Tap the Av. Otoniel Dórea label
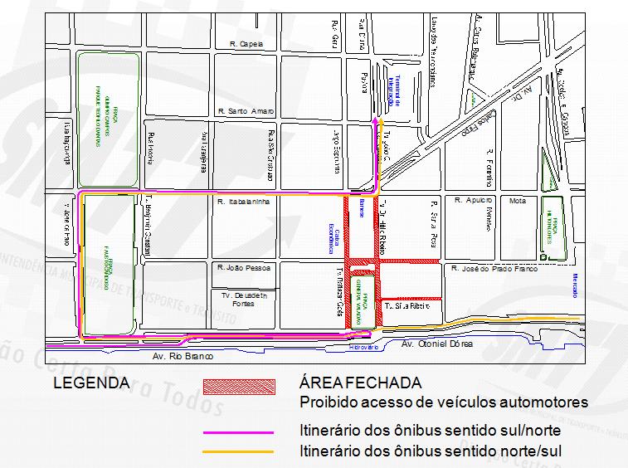click(x=436, y=344)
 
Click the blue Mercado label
click(x=574, y=285)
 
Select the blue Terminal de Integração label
click(x=394, y=92)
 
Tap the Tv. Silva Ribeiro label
click(x=407, y=306)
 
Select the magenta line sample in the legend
click(x=239, y=432)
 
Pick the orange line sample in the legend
click(x=239, y=451)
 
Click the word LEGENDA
click(x=91, y=383)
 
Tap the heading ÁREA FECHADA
click(x=360, y=383)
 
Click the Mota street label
click(x=518, y=201)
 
